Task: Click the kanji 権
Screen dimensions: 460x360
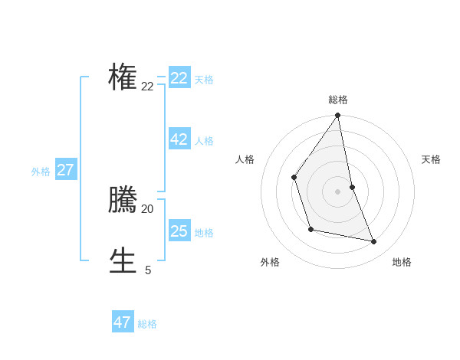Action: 123,77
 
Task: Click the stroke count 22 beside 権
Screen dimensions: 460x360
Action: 147,87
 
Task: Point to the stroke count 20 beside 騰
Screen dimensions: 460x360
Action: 147,208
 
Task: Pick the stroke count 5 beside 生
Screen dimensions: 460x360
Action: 147,270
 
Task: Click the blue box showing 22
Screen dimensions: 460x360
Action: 179,78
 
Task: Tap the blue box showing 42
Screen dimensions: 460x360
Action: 179,139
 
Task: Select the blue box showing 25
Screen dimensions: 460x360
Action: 179,231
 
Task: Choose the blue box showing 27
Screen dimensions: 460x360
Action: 66,170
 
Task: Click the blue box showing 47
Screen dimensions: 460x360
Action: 123,322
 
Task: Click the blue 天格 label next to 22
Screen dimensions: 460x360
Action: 204,80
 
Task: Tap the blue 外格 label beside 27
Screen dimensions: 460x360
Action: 41,172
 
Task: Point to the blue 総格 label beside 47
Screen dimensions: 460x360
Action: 147,324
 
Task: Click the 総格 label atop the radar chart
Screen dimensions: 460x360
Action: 338,100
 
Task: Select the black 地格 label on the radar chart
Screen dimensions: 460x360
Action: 402,262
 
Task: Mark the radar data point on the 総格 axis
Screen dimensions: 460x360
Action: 338,116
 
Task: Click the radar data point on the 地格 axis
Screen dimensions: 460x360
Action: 374,242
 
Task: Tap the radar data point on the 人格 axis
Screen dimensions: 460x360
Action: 294,177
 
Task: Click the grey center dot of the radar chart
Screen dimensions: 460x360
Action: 338,191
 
